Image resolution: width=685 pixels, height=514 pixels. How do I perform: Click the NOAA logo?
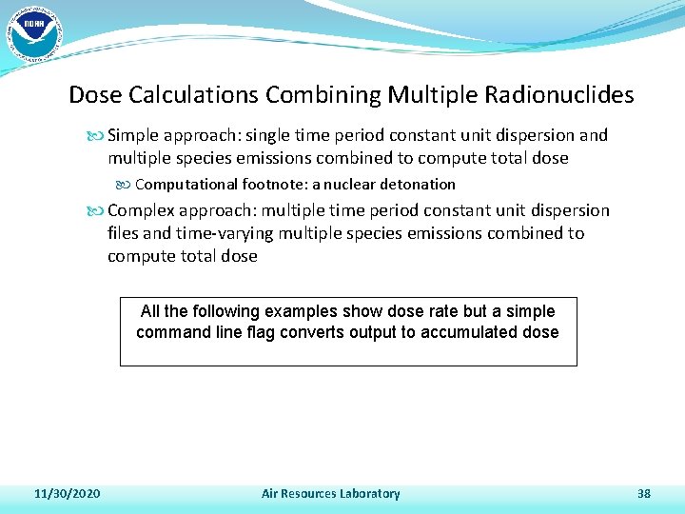pos(34,35)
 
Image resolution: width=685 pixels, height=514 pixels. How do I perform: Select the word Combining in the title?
pos(323,95)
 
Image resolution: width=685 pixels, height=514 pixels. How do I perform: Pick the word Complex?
pos(142,210)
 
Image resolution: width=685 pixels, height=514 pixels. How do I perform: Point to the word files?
pos(124,233)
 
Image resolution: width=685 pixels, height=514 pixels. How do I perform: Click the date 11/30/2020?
pos(68,493)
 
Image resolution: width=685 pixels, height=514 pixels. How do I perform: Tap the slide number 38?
pos(644,493)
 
